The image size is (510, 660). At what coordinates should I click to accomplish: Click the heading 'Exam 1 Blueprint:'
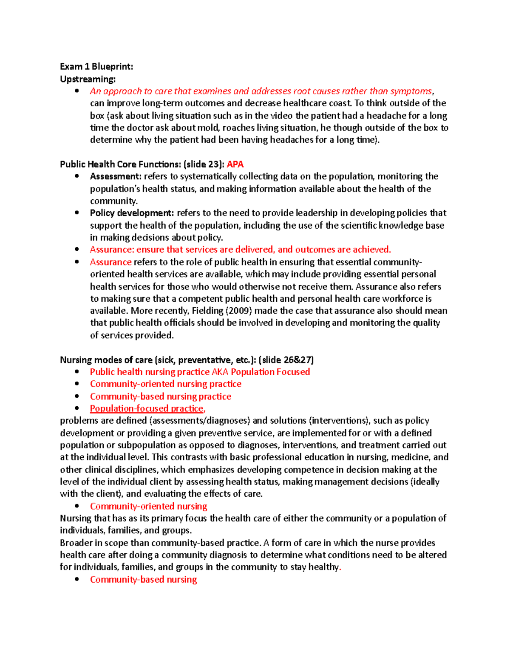coord(96,66)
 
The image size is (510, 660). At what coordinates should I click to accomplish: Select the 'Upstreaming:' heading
coord(88,79)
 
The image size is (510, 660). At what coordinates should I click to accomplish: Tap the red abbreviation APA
coord(235,164)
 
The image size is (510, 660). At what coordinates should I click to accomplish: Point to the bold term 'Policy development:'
coord(132,213)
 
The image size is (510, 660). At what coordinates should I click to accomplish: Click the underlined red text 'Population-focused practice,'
coord(147,408)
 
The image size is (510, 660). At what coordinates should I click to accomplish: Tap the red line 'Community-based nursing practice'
coord(160,397)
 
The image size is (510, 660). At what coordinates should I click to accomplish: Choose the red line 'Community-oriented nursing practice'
coord(165,384)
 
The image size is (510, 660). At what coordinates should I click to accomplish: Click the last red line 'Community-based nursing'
coord(143,580)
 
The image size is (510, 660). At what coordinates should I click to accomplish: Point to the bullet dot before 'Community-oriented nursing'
coord(77,506)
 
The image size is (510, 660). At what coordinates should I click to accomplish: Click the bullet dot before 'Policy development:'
coord(77,213)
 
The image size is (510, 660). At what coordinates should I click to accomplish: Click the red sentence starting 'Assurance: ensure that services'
coord(240,249)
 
